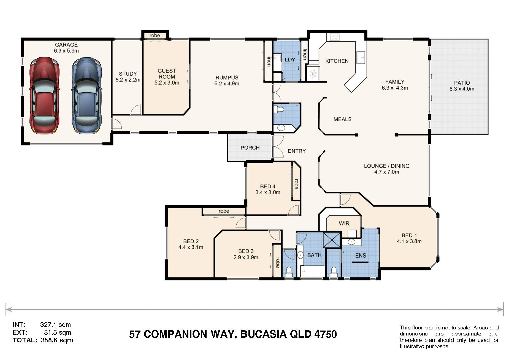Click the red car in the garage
click(44, 96)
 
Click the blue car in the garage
click(86, 96)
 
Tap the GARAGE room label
click(66, 45)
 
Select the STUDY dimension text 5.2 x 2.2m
click(128, 80)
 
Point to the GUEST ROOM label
click(167, 74)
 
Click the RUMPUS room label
click(227, 78)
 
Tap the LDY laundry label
click(290, 60)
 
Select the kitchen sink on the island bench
click(361, 57)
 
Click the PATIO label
click(462, 83)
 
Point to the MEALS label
click(342, 119)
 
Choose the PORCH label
click(250, 148)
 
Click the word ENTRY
click(297, 151)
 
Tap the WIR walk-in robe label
click(344, 223)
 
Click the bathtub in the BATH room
click(313, 271)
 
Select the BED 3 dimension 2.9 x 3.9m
click(246, 258)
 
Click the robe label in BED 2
click(224, 211)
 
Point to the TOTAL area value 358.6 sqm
click(57, 340)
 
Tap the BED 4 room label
click(267, 186)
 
